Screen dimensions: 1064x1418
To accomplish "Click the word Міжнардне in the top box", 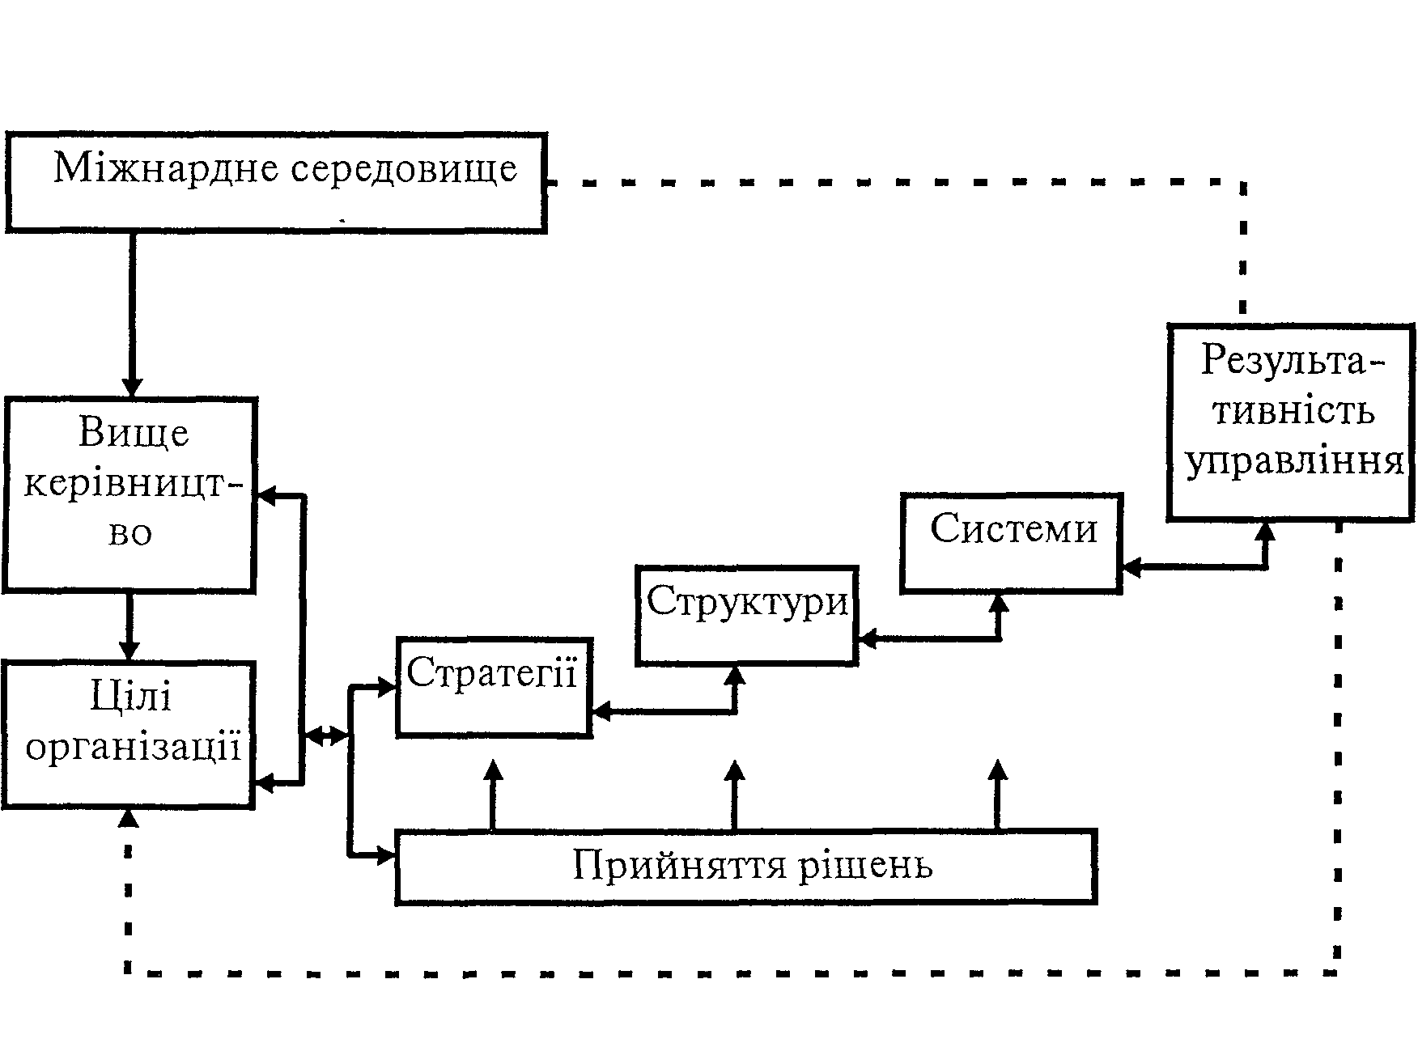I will pos(166,169).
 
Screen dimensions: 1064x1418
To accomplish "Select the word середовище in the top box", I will pos(404,169).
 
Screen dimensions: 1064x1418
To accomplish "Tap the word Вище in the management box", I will pos(134,433).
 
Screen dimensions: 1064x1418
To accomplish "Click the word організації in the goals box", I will pos(134,747).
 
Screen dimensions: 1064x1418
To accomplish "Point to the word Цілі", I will pos(131,697).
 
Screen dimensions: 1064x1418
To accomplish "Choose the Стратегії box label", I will pos(492,672).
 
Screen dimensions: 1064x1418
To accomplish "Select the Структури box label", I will pos(746,601).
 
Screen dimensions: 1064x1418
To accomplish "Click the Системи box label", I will pos(1013,529).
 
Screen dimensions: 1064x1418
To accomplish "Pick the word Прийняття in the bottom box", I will pos(680,865).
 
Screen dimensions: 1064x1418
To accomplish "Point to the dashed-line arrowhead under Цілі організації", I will pos(128,819).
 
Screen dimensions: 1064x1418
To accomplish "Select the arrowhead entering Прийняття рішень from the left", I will pos(385,855).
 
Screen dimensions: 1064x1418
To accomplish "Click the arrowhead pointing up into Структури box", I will pos(735,675).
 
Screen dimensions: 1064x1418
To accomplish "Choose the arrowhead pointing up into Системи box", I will pos(1000,604).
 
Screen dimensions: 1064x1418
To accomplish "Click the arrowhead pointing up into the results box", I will pos(1264,531).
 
